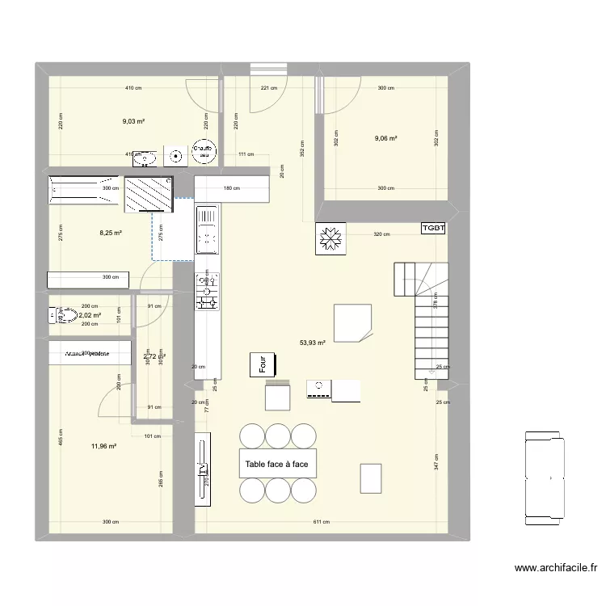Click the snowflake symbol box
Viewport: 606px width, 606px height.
[330, 238]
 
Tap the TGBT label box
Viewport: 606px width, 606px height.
[433, 229]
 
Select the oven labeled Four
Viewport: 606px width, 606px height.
[263, 364]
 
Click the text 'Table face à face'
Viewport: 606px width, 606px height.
[276, 465]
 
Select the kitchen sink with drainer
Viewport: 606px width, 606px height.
[207, 228]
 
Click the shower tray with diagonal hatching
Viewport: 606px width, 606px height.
[148, 194]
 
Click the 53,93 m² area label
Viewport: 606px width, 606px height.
[312, 343]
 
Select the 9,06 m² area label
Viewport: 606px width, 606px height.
[385, 138]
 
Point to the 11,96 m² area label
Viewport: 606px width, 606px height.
[104, 445]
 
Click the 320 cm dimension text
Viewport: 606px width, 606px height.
[382, 235]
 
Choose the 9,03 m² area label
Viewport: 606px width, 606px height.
[133, 121]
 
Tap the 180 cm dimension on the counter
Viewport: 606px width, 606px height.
[229, 188]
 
